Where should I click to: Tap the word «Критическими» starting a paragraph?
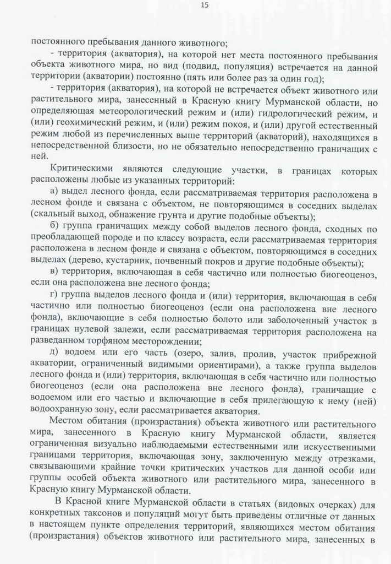coord(78,169)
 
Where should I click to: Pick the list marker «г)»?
coord(54,298)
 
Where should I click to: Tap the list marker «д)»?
coord(55,352)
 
